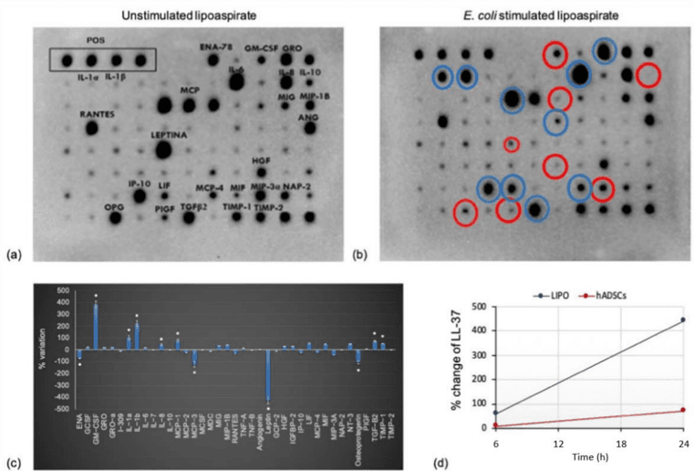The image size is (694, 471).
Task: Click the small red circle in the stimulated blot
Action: pyautogui.click(x=512, y=144)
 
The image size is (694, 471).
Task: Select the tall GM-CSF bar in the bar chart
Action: pyautogui.click(x=96, y=328)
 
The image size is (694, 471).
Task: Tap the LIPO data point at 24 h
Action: pyautogui.click(x=681, y=319)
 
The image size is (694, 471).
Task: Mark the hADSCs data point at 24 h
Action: pyautogui.click(x=681, y=410)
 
